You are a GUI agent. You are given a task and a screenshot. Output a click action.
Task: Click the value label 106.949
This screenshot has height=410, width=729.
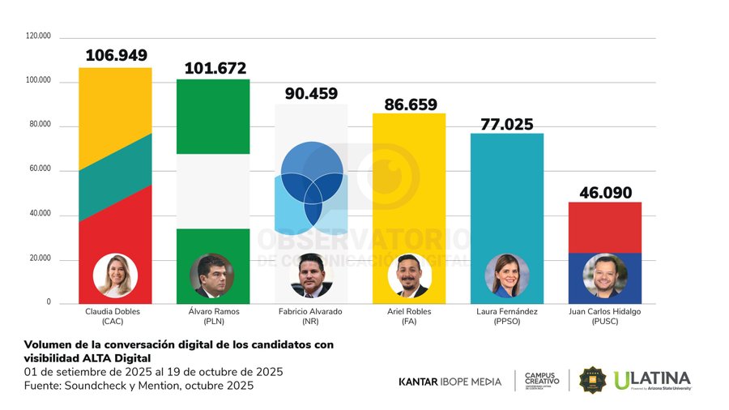116,56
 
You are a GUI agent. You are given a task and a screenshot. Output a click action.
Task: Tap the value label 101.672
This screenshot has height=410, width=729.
215,69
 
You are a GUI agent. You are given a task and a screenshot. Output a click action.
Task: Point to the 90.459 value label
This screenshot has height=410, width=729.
311,94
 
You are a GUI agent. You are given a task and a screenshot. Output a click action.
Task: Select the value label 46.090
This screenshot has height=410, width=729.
604,193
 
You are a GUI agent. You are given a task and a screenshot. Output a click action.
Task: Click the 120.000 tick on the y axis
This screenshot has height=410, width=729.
39,36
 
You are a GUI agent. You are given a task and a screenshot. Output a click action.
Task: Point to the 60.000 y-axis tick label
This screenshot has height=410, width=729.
39,169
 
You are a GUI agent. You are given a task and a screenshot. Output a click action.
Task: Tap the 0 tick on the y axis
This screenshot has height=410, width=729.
49,302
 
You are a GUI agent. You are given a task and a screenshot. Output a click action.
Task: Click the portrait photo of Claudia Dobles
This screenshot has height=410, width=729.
115,276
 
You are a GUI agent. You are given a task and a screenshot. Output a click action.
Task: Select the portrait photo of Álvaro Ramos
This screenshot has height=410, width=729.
212,276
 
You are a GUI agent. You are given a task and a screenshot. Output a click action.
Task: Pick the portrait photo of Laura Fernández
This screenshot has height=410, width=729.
507,276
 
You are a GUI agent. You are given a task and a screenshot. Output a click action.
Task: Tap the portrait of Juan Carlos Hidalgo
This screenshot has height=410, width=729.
604,276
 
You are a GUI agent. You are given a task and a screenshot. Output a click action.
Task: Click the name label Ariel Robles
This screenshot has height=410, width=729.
409,311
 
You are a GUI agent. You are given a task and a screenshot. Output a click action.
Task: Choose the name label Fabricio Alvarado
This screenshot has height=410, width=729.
311,311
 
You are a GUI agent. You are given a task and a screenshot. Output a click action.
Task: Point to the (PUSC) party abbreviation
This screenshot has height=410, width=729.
604,321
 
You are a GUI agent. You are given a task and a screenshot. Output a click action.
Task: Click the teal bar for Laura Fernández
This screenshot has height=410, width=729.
507,194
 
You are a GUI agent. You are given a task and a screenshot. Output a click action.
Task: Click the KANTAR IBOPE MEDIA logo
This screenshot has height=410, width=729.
450,382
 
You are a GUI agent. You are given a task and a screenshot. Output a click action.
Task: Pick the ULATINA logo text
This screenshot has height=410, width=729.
653,378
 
